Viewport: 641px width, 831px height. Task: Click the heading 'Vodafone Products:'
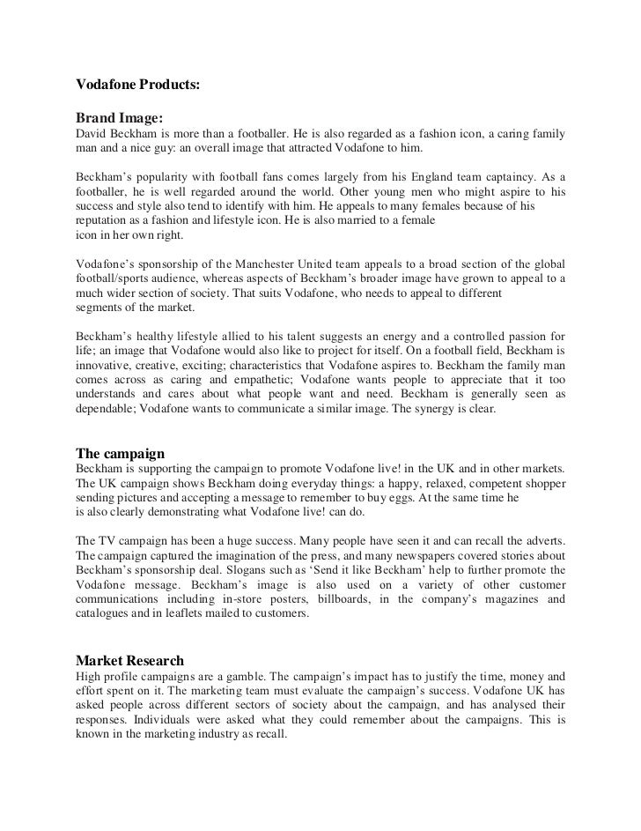pyautogui.click(x=138, y=86)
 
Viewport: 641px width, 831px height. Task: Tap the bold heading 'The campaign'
pyautogui.click(x=121, y=453)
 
